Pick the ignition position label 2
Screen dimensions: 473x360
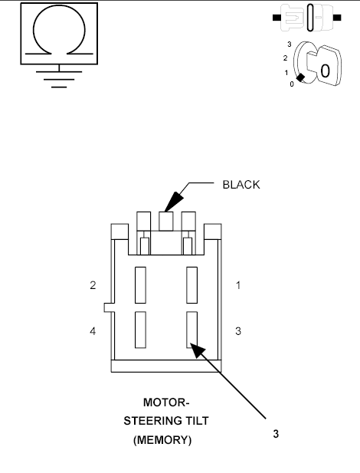click(x=285, y=57)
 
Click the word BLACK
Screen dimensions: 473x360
click(x=241, y=185)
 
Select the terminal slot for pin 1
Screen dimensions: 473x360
click(x=191, y=284)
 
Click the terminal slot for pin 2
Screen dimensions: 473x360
click(x=140, y=284)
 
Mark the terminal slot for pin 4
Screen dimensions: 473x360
click(x=140, y=330)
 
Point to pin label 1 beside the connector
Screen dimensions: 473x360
click(x=238, y=285)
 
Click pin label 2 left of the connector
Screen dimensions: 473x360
click(x=92, y=285)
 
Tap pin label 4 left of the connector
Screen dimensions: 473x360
click(x=92, y=331)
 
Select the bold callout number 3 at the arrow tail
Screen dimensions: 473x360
click(x=276, y=433)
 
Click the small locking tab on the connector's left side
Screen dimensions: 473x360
click(x=107, y=307)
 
